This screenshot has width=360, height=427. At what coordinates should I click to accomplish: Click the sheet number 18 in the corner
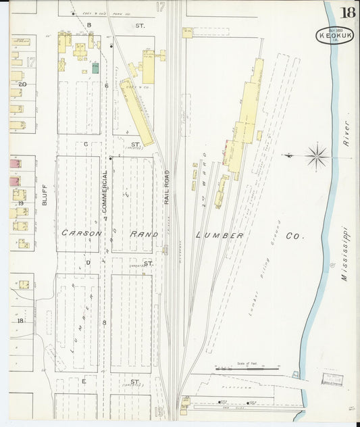[x=348, y=13]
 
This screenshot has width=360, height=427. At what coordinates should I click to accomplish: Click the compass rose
[x=315, y=157]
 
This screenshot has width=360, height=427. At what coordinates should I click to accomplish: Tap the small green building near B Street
[x=95, y=67]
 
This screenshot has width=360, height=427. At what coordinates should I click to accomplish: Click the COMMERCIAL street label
[x=105, y=192]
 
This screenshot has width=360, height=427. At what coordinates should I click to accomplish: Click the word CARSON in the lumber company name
[x=82, y=234]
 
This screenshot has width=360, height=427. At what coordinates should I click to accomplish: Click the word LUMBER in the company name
[x=219, y=235]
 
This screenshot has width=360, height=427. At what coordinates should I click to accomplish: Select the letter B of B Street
[x=88, y=25]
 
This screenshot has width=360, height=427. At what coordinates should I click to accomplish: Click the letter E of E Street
[x=84, y=382]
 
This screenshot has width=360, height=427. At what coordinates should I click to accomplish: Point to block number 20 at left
[x=22, y=84]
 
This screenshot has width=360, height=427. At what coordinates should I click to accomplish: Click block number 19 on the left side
[x=21, y=203]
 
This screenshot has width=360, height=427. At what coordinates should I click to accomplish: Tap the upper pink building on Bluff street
[x=14, y=164]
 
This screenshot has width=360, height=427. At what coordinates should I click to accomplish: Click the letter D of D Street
[x=88, y=262]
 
